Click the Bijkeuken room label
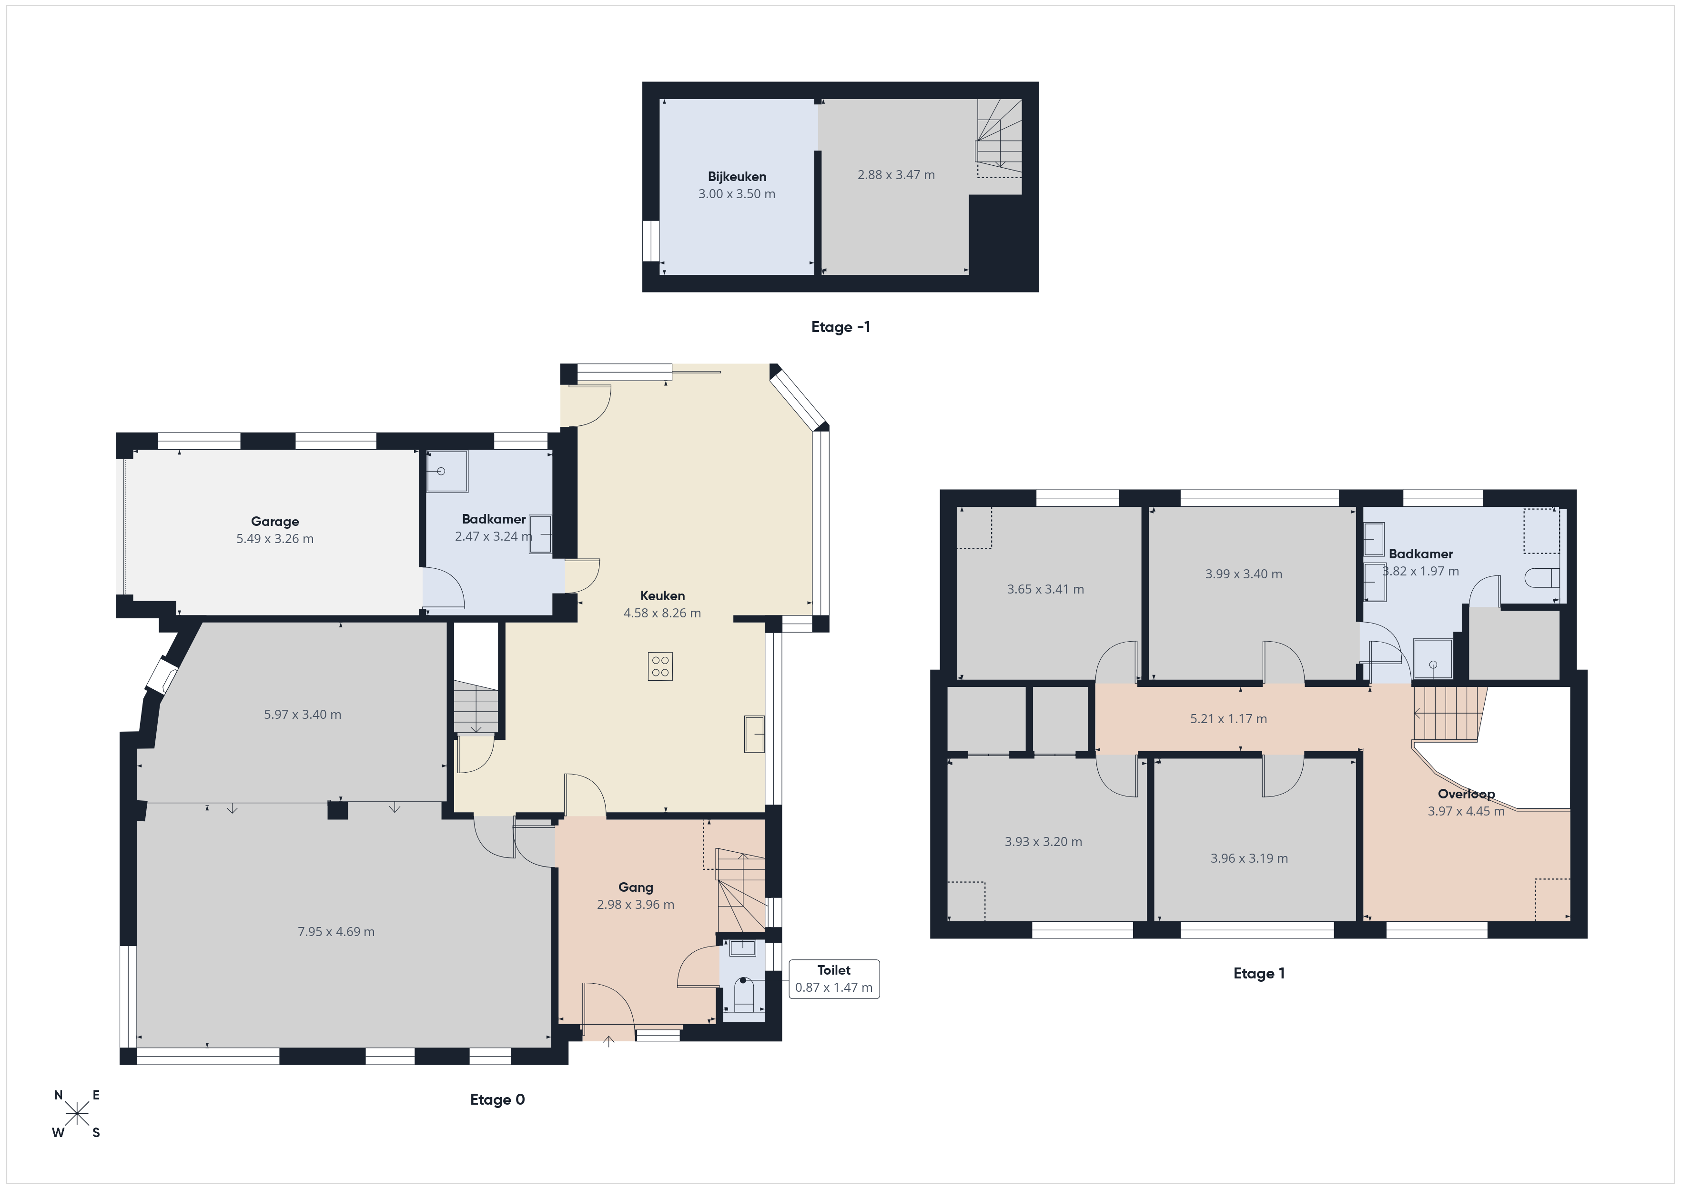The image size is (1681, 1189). tap(737, 176)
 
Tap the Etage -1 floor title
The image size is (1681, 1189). tap(840, 327)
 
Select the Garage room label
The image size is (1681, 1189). tap(274, 521)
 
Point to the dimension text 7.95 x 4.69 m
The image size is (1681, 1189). tap(336, 932)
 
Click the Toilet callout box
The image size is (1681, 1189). tap(834, 979)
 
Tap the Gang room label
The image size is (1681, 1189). tap(636, 887)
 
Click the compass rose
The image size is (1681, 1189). tap(77, 1114)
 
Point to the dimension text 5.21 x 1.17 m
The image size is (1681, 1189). tap(1228, 719)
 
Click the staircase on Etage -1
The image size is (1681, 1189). tap(999, 138)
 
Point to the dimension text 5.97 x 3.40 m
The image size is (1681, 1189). tap(303, 715)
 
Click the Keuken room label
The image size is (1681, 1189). tap(663, 596)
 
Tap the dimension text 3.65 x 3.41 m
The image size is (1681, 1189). tap(1045, 589)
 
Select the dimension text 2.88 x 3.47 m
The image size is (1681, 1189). tap(896, 175)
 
